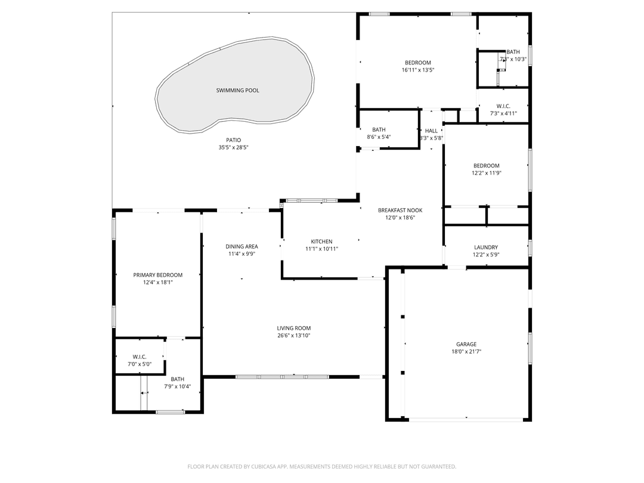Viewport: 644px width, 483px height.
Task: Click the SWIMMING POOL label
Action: click(237, 91)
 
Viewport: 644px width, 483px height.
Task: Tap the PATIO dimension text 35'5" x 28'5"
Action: click(233, 147)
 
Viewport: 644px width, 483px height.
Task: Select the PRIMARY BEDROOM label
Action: click(157, 275)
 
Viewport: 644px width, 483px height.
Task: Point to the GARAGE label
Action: click(466, 344)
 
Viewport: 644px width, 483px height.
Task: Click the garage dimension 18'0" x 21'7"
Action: click(466, 352)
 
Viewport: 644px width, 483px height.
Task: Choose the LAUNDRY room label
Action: click(485, 247)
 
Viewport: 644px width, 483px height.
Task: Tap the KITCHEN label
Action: click(321, 241)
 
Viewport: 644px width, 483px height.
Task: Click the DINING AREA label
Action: click(241, 246)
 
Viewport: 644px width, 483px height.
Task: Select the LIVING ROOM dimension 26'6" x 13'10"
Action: click(293, 336)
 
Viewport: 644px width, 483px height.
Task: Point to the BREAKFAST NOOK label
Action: click(400, 210)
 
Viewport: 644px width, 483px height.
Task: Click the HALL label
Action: click(431, 131)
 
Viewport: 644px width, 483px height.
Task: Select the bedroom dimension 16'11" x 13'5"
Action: click(417, 70)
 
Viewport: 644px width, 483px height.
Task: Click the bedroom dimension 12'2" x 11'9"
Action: click(486, 174)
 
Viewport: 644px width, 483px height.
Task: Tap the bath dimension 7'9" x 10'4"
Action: click(177, 386)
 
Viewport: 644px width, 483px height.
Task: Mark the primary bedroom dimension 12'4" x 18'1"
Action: click(157, 283)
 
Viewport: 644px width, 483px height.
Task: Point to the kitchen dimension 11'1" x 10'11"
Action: click(321, 249)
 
